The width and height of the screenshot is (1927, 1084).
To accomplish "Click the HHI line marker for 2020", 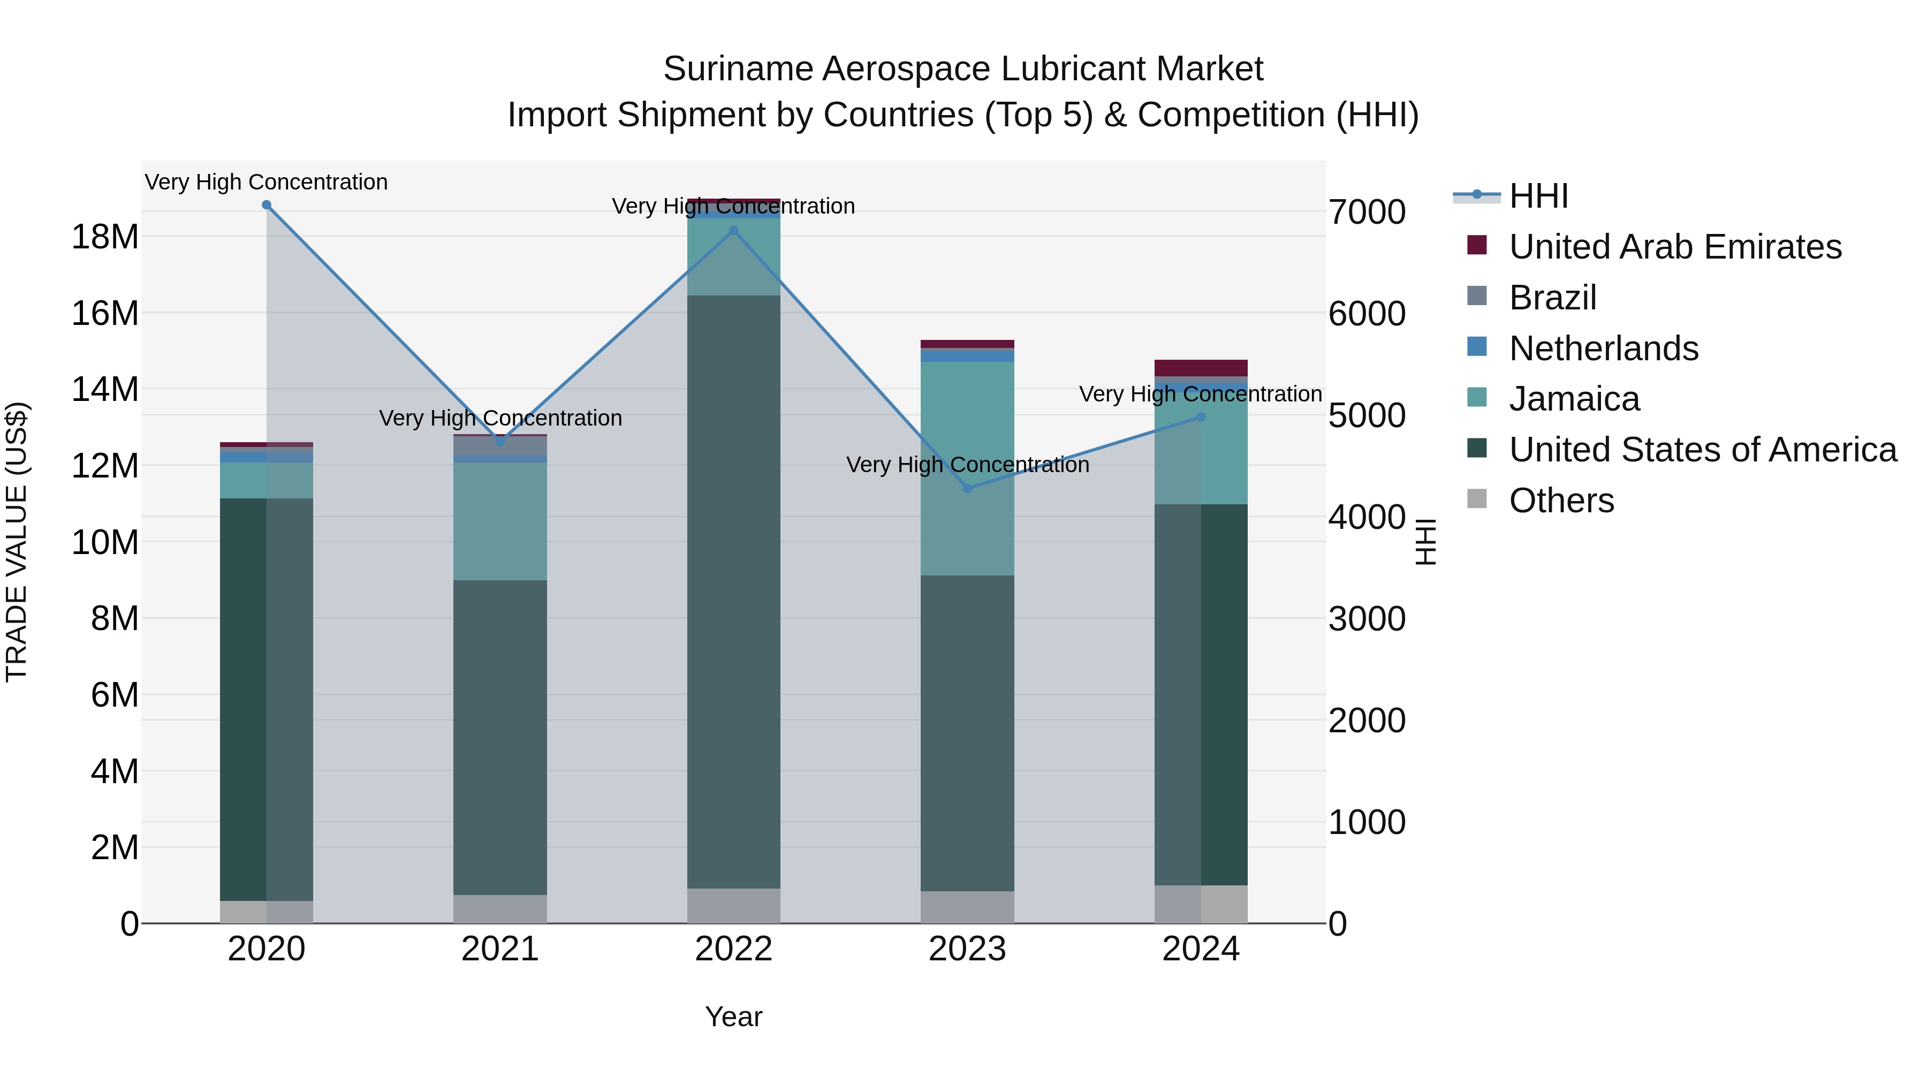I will [x=267, y=205].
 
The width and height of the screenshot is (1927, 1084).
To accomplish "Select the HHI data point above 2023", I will [x=967, y=489].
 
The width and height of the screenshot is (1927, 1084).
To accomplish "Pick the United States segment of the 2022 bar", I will [x=733, y=591].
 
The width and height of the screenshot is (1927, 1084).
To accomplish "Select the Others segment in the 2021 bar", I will [x=500, y=909].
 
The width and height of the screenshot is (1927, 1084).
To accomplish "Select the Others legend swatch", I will [x=1477, y=499].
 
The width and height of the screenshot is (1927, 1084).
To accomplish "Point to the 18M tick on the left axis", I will [x=105, y=237].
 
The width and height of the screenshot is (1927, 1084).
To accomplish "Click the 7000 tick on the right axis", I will [x=1367, y=213].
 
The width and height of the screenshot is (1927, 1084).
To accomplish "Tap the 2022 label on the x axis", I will [x=733, y=949].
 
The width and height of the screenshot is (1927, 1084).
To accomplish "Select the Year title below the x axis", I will [x=733, y=1017].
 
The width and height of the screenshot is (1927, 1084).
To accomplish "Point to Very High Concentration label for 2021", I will [x=500, y=418].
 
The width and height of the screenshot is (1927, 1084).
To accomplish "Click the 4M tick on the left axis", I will [x=115, y=771].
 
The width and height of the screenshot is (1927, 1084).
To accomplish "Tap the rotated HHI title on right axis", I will [x=1426, y=542].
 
